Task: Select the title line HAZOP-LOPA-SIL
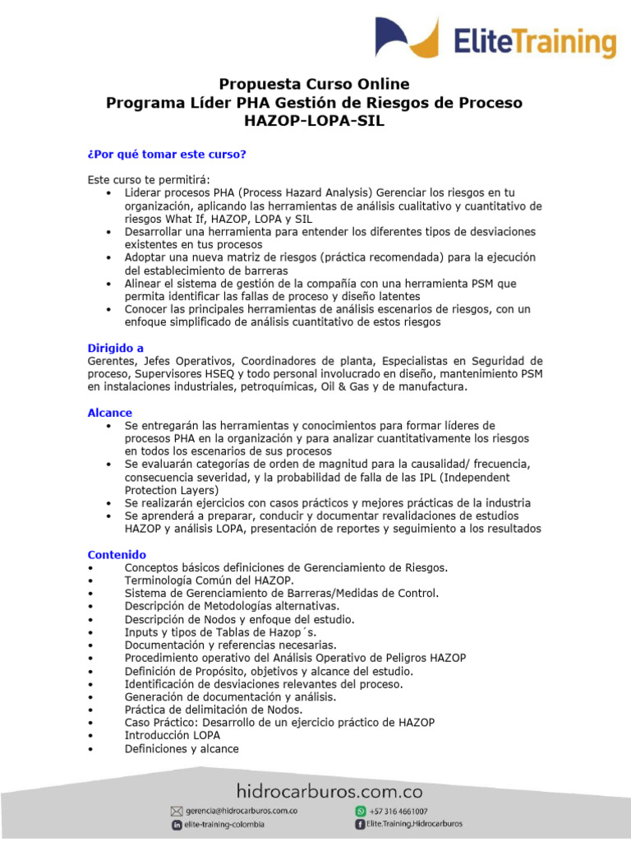(x=315, y=122)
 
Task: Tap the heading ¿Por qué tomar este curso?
(x=167, y=155)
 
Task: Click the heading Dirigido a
(x=116, y=348)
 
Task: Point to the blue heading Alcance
(x=110, y=413)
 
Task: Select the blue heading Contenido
(x=117, y=555)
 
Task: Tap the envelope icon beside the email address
(x=176, y=811)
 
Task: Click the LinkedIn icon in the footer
(x=177, y=825)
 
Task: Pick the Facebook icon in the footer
(x=360, y=824)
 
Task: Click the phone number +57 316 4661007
(x=398, y=811)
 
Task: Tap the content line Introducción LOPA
(x=172, y=736)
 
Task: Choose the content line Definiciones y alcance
(x=182, y=749)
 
